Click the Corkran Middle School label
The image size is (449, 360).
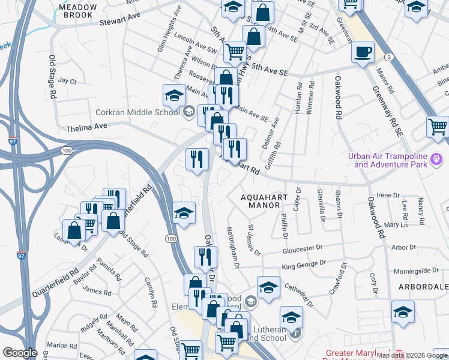[x=137, y=112]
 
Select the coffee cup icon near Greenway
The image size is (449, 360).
[x=363, y=52]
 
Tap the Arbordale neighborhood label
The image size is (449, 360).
[x=423, y=287]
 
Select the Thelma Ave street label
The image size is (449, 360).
[x=86, y=127]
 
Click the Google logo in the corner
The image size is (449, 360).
[x=20, y=353]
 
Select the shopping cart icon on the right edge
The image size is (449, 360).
[x=438, y=127]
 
